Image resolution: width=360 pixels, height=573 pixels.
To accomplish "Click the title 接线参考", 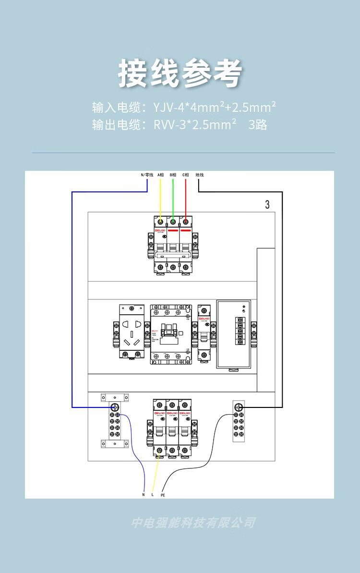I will [x=180, y=73].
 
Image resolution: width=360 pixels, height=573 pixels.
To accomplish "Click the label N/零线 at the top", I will [x=147, y=175].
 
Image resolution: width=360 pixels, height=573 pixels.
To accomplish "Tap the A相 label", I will [x=160, y=175].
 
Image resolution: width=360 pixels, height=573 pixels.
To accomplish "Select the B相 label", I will [x=173, y=175].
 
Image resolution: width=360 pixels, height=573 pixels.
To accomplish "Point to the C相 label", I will [x=185, y=175].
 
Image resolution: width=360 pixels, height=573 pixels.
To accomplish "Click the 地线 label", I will [x=200, y=175].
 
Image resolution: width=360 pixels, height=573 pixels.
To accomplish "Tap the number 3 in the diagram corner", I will [x=267, y=205].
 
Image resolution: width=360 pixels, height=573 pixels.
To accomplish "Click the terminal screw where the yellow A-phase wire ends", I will [x=160, y=222].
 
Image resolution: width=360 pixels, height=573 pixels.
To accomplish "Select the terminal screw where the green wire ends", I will [x=173, y=222].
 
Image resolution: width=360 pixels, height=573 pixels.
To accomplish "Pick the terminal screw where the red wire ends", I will [x=185, y=222].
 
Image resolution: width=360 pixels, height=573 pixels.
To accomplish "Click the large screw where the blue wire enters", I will [x=115, y=408].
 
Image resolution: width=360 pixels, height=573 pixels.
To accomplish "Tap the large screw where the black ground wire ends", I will [x=239, y=408].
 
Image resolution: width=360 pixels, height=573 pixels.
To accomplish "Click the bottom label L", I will [x=152, y=494].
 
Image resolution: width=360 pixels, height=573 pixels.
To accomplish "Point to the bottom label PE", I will [x=163, y=495].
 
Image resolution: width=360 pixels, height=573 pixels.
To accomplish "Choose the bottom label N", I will [x=143, y=494].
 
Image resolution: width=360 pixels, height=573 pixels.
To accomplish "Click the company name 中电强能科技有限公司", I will [x=193, y=523].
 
